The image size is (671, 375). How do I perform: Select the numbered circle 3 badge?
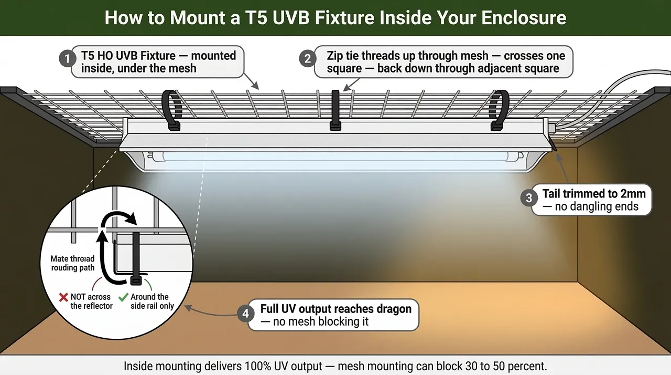click(528, 197)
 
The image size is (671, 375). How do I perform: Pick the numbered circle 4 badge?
click(245, 314)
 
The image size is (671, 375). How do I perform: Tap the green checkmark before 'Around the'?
click(123, 297)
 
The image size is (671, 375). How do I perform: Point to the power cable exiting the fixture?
click(603, 105)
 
